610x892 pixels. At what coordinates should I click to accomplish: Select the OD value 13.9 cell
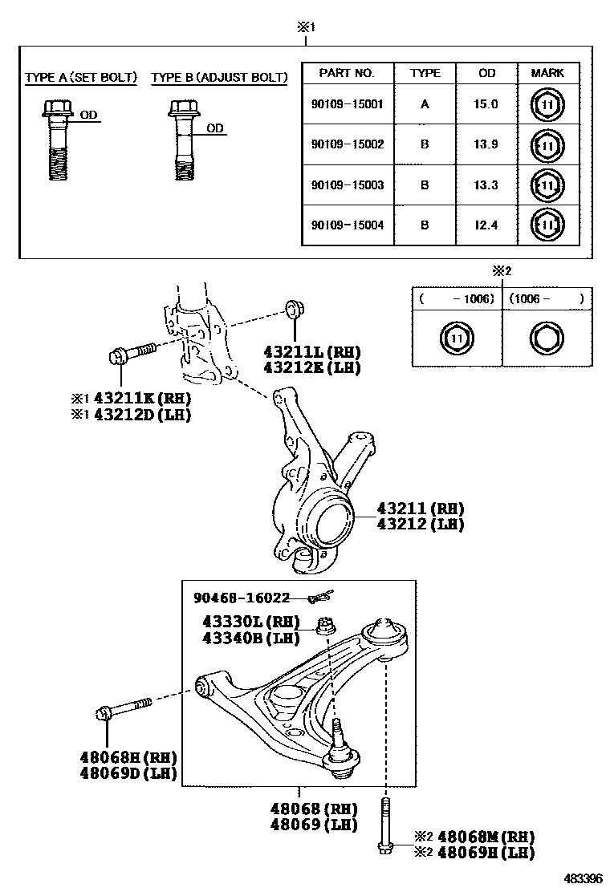pos(487,144)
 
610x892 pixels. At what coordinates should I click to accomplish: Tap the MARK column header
pos(547,73)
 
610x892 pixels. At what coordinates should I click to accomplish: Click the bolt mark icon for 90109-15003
pos(547,185)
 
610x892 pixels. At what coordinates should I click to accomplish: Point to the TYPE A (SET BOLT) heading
pos(81,78)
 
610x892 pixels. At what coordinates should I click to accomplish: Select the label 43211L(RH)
pos(312,352)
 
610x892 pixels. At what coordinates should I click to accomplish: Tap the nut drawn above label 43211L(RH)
pos(294,309)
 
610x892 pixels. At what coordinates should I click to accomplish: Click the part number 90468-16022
pos(241,598)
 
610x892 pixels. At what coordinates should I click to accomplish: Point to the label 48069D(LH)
pos(128,773)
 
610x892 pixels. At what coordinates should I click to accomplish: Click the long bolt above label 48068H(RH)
pos(124,710)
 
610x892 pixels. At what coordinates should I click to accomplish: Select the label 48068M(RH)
pos(485,837)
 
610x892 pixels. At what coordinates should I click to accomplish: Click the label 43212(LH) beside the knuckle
pos(420,524)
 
